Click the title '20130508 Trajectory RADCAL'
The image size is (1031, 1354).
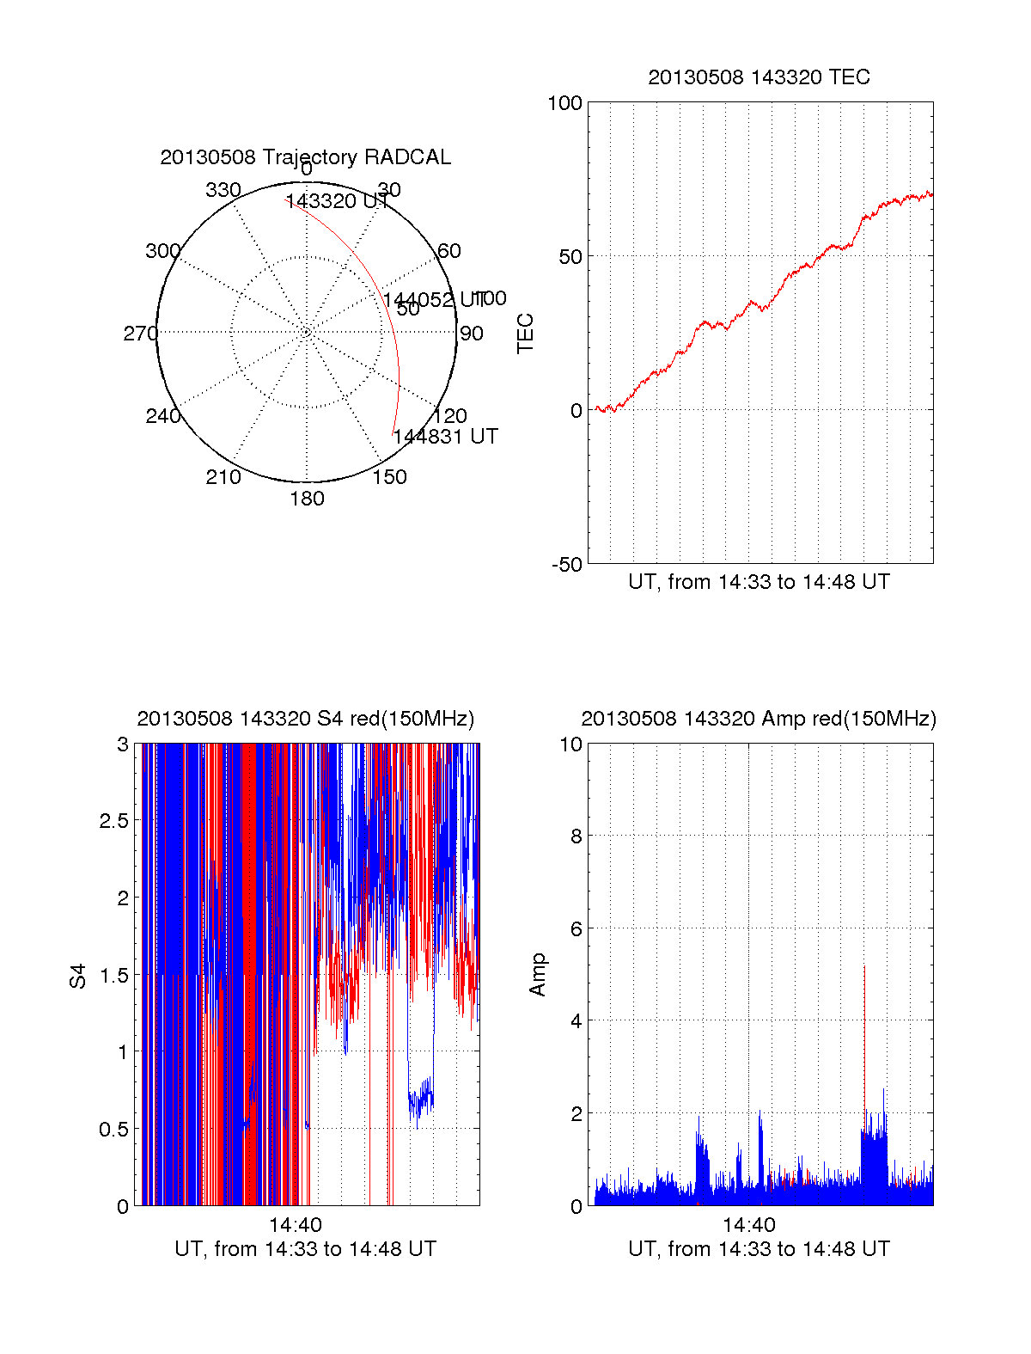coord(305,157)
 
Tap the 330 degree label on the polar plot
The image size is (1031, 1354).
coord(223,190)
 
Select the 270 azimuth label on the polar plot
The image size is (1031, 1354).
coord(140,334)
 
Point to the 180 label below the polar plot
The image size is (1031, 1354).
coord(307,499)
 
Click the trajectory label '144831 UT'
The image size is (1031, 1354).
coord(446,437)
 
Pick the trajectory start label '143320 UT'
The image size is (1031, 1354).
coord(337,201)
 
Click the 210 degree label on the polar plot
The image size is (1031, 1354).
coord(223,477)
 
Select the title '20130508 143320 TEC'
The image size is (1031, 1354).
coord(759,77)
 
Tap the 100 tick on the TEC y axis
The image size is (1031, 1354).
coord(564,103)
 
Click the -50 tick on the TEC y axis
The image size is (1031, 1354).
coord(567,565)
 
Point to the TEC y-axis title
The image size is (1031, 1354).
coord(525,334)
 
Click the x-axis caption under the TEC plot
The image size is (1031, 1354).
coord(759,582)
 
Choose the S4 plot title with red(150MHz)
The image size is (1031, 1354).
coord(305,719)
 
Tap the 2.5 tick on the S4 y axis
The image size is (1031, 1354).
coord(113,821)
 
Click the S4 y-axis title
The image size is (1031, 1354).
coord(78,976)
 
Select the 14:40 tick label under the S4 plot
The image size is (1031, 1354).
coord(296,1225)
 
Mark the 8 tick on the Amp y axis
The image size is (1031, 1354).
coord(577,836)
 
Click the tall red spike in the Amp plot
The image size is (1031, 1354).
coord(864,1014)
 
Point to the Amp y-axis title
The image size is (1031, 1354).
coord(538,975)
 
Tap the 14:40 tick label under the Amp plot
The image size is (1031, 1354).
coord(749,1225)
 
